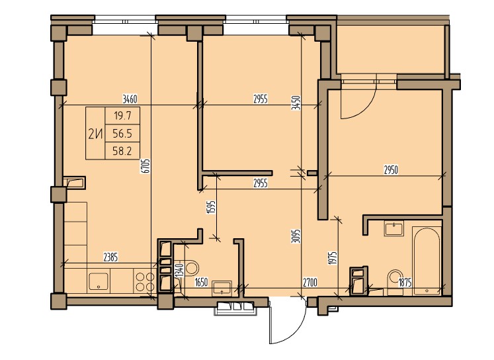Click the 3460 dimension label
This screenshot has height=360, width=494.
click(x=130, y=99)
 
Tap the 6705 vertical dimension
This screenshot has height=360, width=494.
click(x=146, y=166)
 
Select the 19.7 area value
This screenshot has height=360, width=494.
click(x=122, y=116)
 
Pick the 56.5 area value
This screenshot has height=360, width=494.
click(x=122, y=134)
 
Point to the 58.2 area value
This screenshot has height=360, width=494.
click(x=122, y=152)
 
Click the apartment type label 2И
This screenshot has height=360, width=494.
click(x=96, y=134)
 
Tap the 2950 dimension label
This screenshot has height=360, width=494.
click(x=391, y=170)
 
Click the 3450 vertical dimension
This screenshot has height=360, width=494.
click(x=296, y=103)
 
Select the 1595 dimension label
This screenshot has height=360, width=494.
click(x=211, y=207)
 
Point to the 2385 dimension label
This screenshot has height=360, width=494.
click(x=110, y=257)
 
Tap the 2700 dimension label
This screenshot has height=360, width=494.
click(x=310, y=282)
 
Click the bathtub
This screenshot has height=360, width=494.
click(x=427, y=261)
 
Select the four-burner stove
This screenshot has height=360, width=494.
click(x=144, y=282)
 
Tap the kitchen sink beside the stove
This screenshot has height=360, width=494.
click(x=99, y=281)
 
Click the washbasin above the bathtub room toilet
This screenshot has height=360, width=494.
click(x=394, y=228)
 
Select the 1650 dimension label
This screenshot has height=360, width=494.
click(x=201, y=282)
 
